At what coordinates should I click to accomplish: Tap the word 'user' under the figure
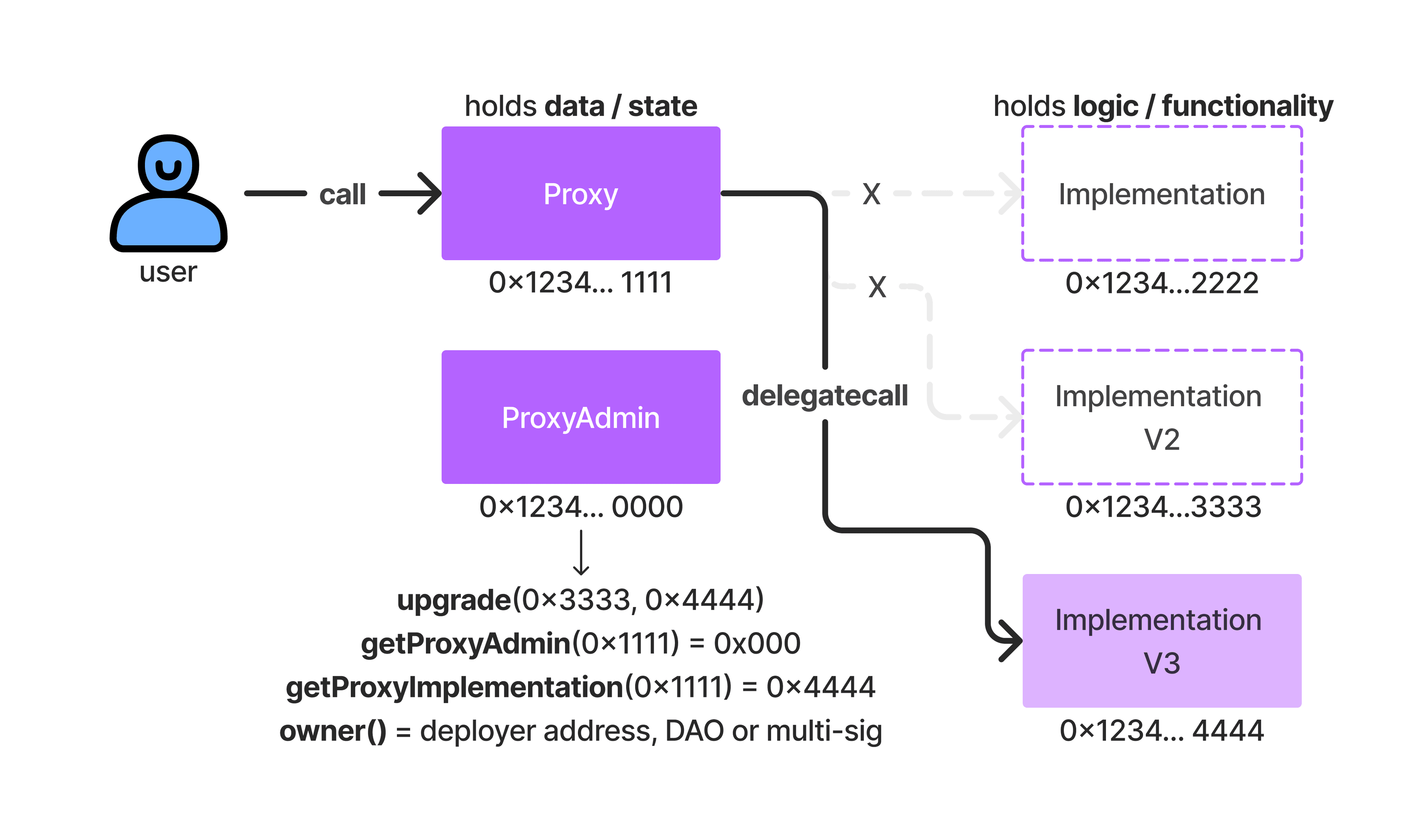pos(168,272)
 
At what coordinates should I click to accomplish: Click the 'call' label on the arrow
pos(343,194)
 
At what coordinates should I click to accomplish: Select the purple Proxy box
pos(580,193)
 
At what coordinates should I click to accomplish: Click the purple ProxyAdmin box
pos(580,417)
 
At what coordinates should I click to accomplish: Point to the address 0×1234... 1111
pos(580,282)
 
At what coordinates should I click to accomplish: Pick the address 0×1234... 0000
pos(580,506)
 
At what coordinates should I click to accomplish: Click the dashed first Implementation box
pos(1161,193)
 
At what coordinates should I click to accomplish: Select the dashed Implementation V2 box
pos(1161,417)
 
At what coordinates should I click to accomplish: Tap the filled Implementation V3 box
pos(1161,641)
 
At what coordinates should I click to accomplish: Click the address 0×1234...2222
pos(1161,282)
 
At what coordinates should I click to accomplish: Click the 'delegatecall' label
pos(825,395)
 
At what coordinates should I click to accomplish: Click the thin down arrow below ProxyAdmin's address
pos(581,552)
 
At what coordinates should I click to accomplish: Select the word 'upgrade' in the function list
pos(454,600)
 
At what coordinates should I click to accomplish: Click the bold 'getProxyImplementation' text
pos(454,687)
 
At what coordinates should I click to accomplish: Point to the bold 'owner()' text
pos(333,731)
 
